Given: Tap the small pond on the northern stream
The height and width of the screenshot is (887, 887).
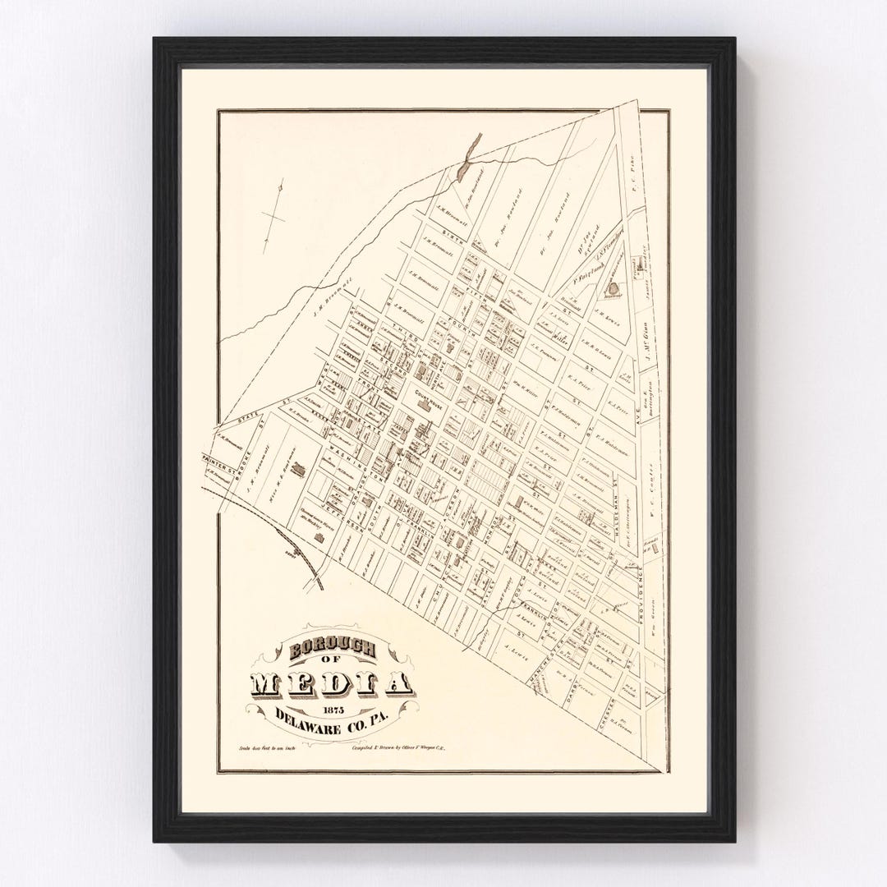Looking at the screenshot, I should [x=466, y=161].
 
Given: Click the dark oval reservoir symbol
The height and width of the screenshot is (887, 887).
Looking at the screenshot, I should [x=614, y=289].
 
